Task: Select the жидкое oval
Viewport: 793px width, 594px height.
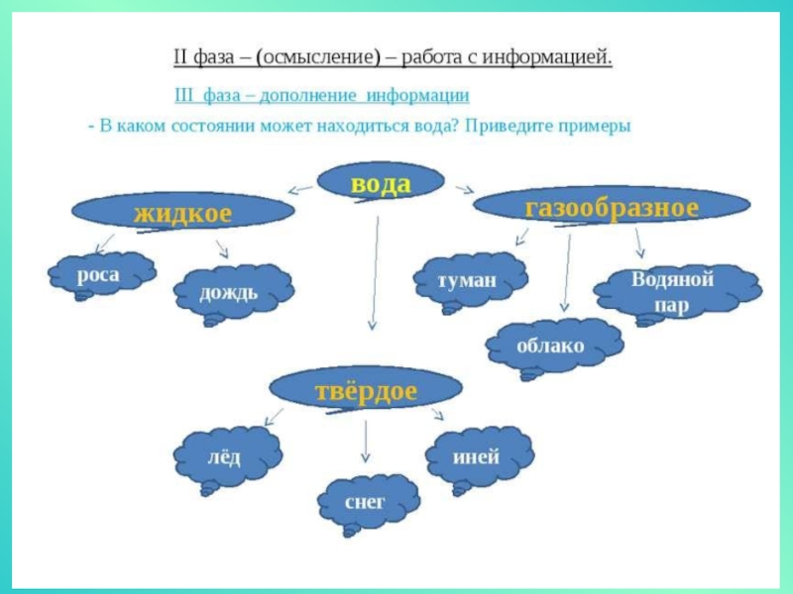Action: pos(183,212)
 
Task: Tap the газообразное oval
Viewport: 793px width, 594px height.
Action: pos(612,207)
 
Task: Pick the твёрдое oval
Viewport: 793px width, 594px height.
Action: pos(367,391)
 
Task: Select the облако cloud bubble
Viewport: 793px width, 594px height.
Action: pos(551,347)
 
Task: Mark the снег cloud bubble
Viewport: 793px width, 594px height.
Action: pos(365,502)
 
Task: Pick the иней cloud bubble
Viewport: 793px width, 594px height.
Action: pos(476,458)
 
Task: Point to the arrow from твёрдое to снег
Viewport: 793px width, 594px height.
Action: pos(366,441)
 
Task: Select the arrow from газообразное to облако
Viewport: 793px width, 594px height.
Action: pos(566,272)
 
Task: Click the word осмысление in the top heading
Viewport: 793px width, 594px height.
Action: pos(315,56)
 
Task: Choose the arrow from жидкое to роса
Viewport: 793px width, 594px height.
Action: pos(103,243)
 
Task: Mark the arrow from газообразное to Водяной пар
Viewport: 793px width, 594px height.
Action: pos(639,244)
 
